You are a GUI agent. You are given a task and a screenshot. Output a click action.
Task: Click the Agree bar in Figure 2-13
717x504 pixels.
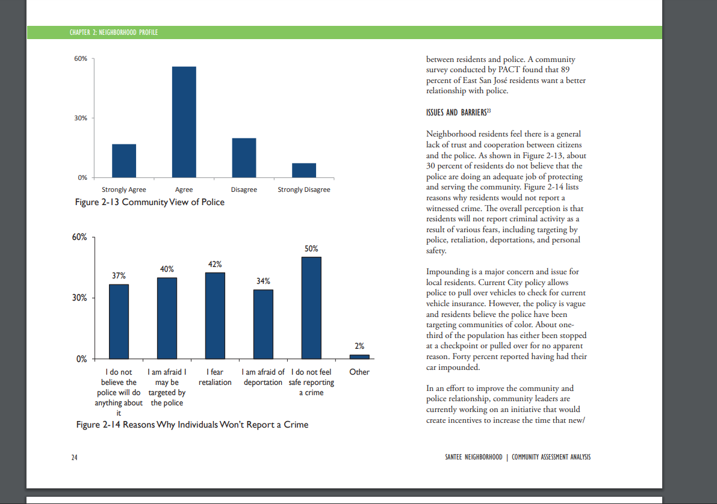pyautogui.click(x=184, y=122)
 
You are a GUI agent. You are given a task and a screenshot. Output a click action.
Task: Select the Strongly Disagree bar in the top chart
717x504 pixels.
pyautogui.click(x=304, y=170)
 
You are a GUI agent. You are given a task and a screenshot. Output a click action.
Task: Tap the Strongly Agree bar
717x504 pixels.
pyautogui.click(x=124, y=161)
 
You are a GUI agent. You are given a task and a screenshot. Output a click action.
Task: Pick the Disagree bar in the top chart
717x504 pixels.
pyautogui.click(x=244, y=158)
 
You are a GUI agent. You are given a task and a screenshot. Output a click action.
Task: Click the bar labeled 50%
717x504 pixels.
pyautogui.click(x=311, y=308)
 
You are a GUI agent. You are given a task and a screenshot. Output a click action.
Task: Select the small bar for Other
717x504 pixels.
pyautogui.click(x=359, y=357)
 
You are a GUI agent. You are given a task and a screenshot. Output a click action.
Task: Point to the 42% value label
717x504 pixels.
pyautogui.click(x=215, y=265)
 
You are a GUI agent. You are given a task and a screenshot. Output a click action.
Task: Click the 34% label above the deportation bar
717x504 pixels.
pyautogui.click(x=263, y=281)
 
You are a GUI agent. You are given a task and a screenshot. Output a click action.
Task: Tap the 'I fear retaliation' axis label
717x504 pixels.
pyautogui.click(x=215, y=378)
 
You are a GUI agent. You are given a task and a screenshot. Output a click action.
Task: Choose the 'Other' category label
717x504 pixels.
pyautogui.click(x=359, y=372)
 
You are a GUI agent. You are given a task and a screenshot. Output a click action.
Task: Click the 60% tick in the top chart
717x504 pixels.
pyautogui.click(x=81, y=58)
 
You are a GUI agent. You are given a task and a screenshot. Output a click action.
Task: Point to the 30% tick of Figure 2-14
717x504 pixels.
pyautogui.click(x=79, y=298)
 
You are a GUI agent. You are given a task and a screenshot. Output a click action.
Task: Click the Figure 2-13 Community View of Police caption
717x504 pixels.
pyautogui.click(x=149, y=202)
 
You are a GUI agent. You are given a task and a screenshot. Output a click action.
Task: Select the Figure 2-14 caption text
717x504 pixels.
pyautogui.click(x=192, y=425)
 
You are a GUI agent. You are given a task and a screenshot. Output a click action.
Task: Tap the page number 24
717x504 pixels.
pyautogui.click(x=74, y=458)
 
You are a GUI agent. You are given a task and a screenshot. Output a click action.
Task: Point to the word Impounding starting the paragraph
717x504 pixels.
pyautogui.click(x=448, y=272)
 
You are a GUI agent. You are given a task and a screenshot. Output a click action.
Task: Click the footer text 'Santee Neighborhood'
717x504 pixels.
pyautogui.click(x=474, y=457)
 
